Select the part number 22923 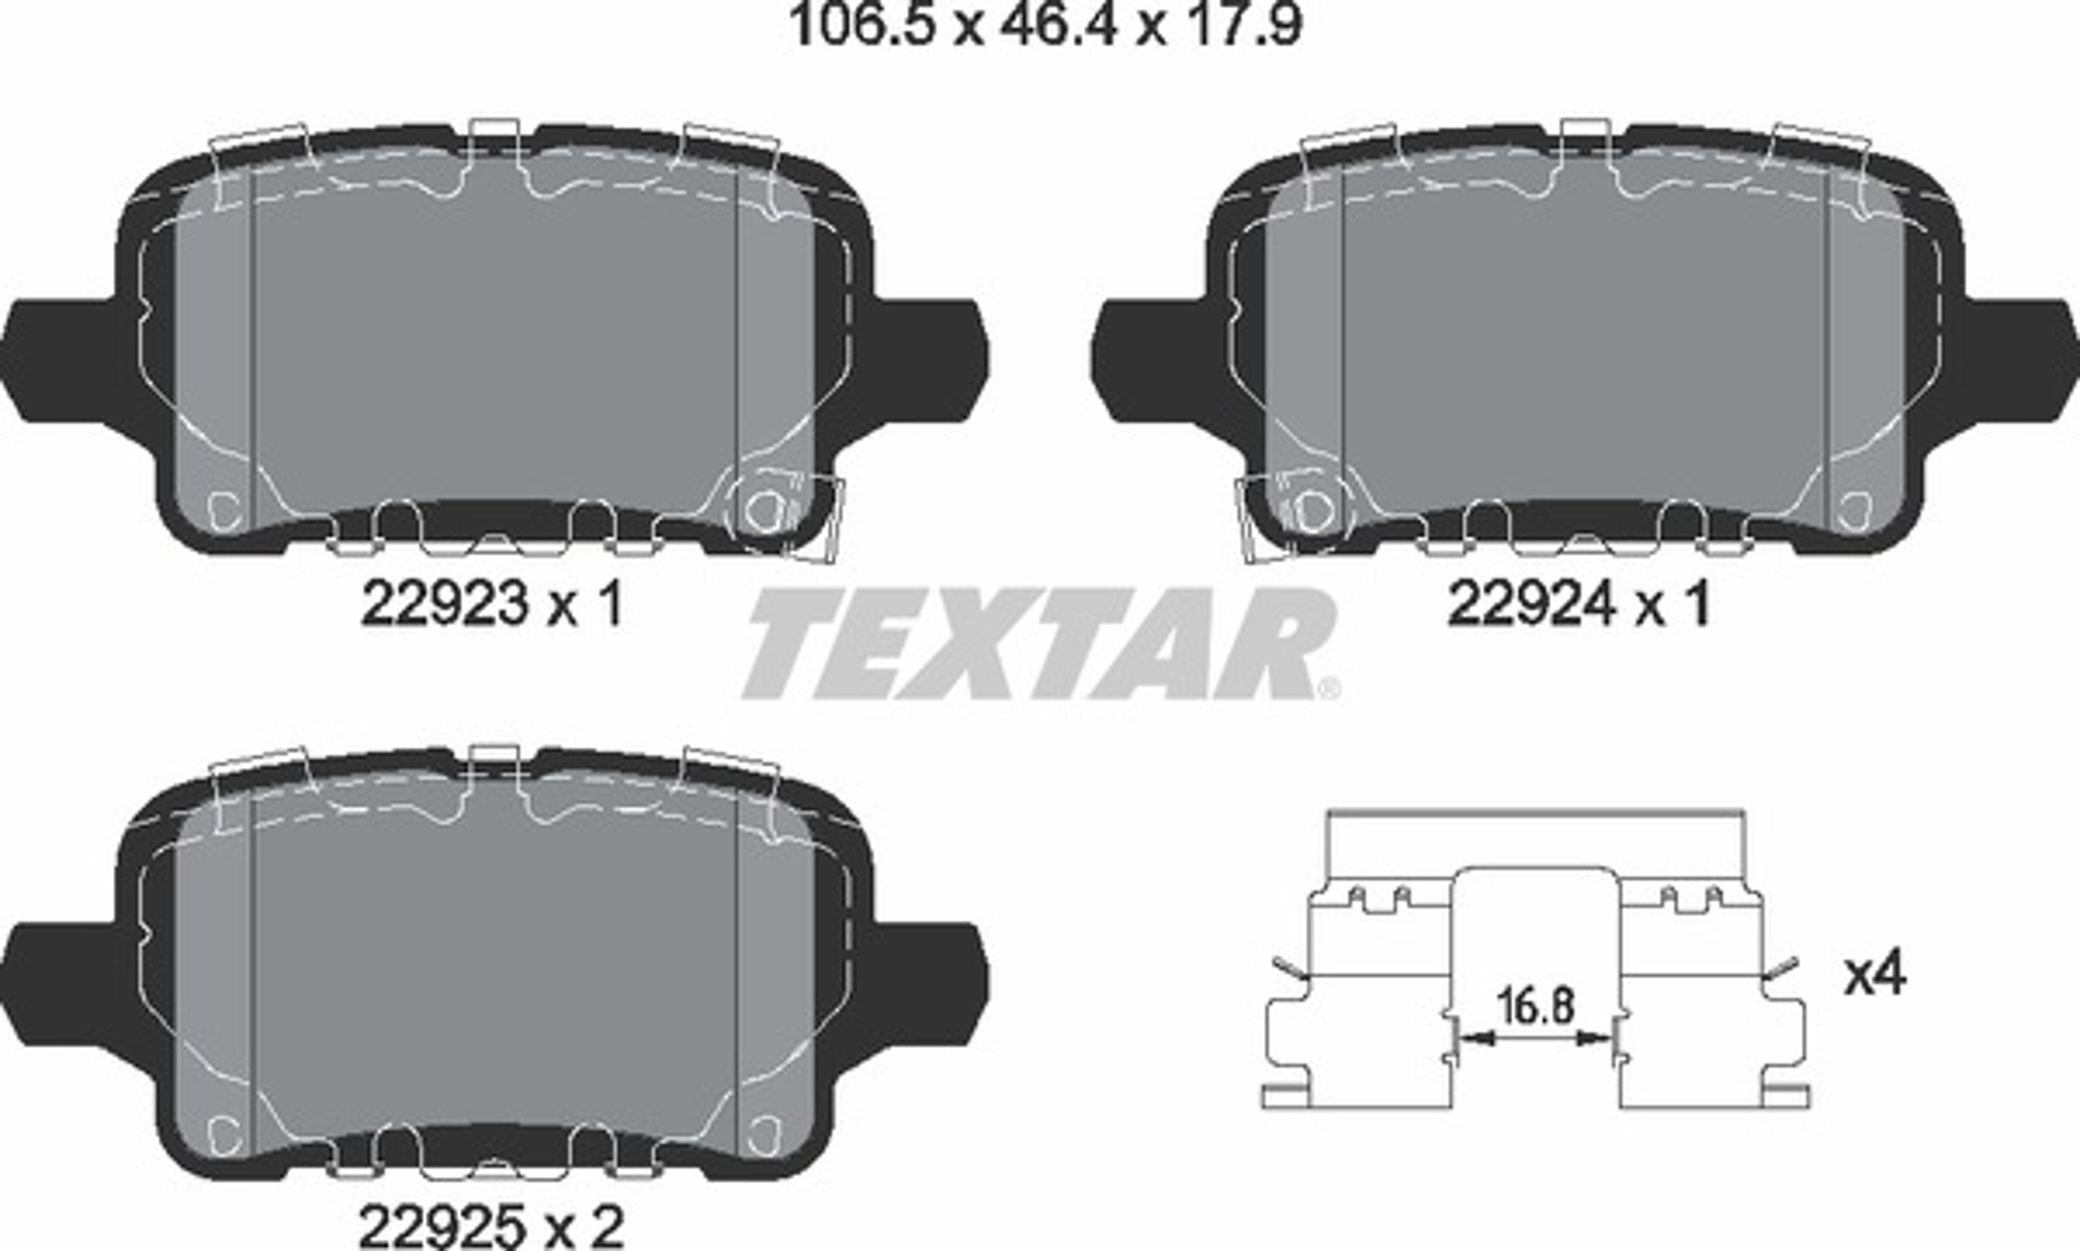(x=444, y=604)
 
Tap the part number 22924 (x=1531, y=604)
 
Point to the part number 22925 (x=443, y=1226)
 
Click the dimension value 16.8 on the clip (x=1535, y=1007)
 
